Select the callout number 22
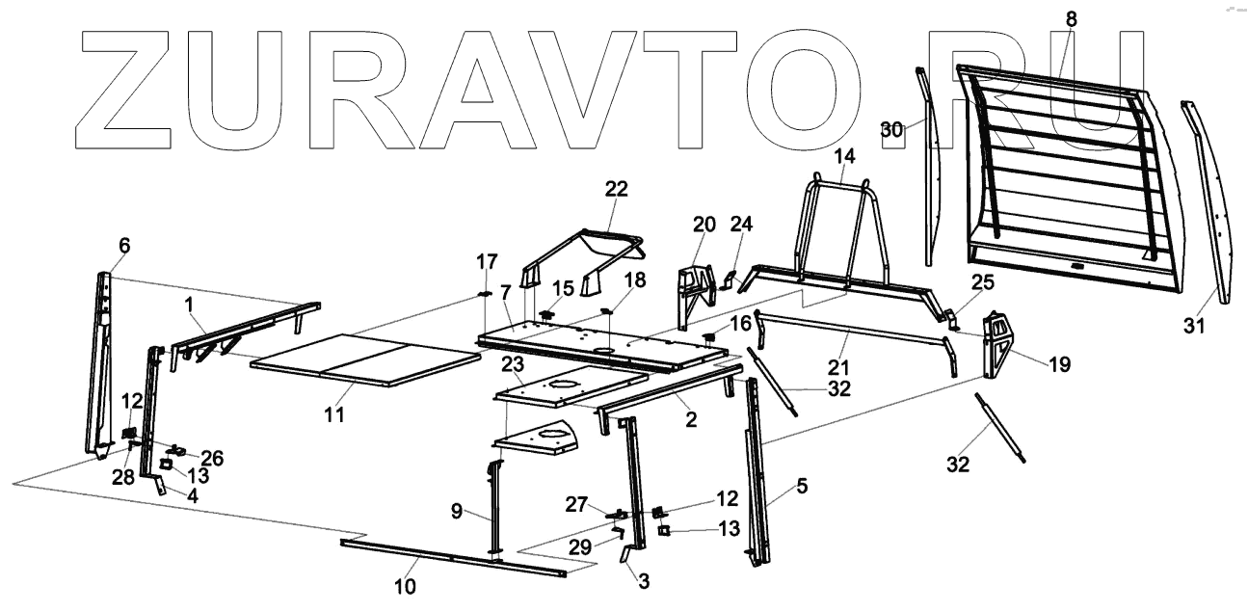coord(616,189)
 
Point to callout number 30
coord(892,129)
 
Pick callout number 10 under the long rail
coord(406,586)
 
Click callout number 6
coord(123,246)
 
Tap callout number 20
coord(704,226)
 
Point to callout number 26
coord(212,459)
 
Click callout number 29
coord(605,547)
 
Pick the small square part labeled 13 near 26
coord(166,465)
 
